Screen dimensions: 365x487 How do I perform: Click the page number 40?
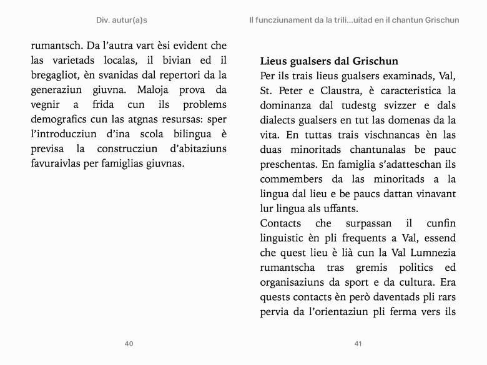click(129, 344)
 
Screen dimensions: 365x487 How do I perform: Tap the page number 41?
click(358, 344)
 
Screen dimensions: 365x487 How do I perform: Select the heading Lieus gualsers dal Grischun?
click(329, 62)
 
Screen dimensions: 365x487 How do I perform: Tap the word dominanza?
click(287, 105)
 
